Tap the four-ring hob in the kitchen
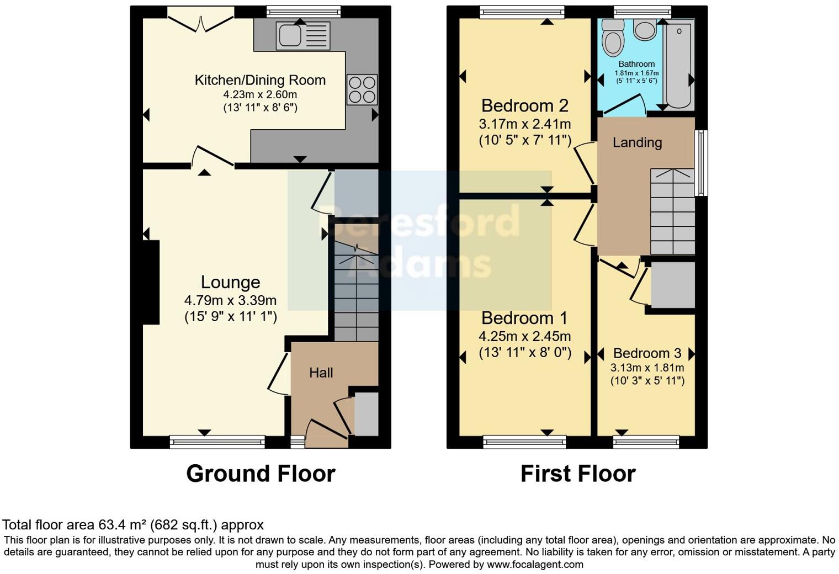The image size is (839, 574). coord(362,89)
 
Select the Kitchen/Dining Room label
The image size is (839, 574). coord(260,80)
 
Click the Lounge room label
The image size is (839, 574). coord(230,282)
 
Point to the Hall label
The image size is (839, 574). coord(321,373)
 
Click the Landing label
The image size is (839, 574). coord(637,142)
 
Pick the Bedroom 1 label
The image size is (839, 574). coord(524,318)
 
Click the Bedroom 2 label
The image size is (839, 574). coord(524,105)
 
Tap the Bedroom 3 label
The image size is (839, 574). coord(647,353)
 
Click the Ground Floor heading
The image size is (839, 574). coord(261,474)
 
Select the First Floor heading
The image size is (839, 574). coord(578,474)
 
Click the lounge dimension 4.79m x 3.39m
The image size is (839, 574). coord(230,301)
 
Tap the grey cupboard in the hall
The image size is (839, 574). coord(366,414)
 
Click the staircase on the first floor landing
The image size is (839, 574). coord(672,212)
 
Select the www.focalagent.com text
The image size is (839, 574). coord(535,565)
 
